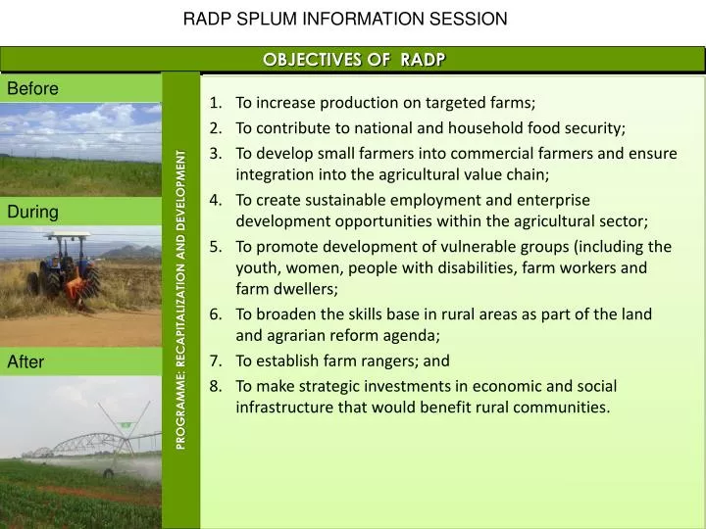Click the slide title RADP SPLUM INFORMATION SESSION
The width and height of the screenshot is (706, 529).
[x=345, y=19]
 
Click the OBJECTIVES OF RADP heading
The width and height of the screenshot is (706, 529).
[x=354, y=60]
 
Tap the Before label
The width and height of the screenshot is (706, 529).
[x=33, y=89]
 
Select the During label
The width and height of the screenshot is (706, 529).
[x=33, y=212]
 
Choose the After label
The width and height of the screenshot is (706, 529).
[x=26, y=362]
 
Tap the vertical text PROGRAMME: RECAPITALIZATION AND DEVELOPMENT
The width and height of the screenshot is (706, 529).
[x=181, y=299]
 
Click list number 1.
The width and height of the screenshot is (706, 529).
[x=216, y=103]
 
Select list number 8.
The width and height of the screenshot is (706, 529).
[x=216, y=384]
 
